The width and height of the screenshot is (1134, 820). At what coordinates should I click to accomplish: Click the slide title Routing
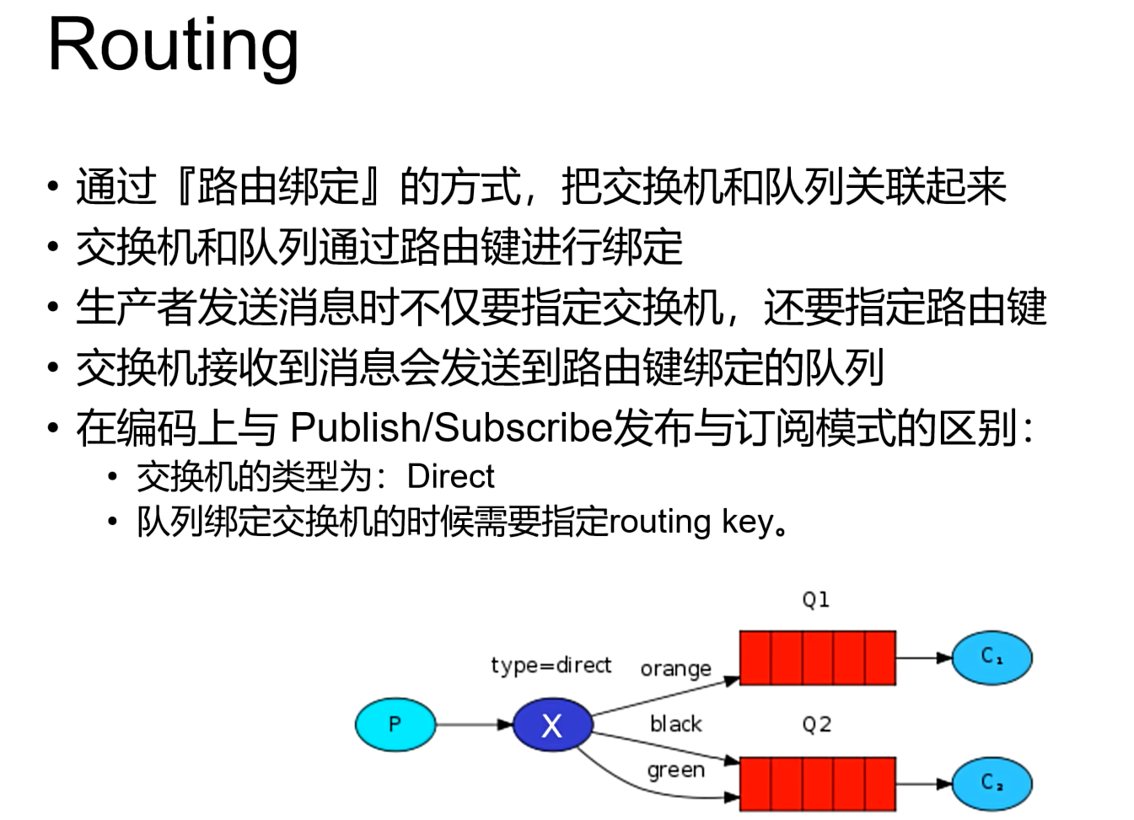tap(173, 46)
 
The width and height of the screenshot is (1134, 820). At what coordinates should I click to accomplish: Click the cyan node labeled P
tap(395, 724)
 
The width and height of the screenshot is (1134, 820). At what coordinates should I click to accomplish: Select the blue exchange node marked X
tap(551, 725)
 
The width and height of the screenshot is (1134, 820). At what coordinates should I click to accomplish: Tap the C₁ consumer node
tap(992, 657)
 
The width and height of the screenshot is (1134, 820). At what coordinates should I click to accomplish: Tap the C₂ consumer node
tap(992, 784)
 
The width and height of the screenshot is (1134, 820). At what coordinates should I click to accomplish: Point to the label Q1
tap(815, 600)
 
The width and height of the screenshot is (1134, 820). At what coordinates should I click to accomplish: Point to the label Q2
tap(816, 725)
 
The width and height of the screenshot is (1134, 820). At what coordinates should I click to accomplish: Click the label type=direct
tap(551, 665)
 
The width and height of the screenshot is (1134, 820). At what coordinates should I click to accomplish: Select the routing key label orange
tap(675, 669)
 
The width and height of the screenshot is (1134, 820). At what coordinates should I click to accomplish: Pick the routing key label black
tap(675, 724)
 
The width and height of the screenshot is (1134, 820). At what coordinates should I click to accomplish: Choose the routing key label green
tap(675, 770)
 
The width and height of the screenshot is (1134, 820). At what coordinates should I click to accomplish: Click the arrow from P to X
tap(474, 725)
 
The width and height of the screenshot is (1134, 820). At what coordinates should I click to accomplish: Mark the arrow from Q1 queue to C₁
tap(924, 657)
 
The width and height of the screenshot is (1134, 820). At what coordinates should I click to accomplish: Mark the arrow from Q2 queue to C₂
tap(924, 784)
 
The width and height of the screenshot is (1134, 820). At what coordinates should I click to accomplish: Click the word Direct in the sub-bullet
tap(450, 477)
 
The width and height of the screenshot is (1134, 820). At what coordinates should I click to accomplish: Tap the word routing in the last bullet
tap(659, 522)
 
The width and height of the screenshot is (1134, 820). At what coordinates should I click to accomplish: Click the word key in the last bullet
tap(747, 523)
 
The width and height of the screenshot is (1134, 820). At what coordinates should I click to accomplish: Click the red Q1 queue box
tap(817, 657)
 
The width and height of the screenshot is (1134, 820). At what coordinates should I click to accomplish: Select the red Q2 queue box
tap(817, 784)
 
